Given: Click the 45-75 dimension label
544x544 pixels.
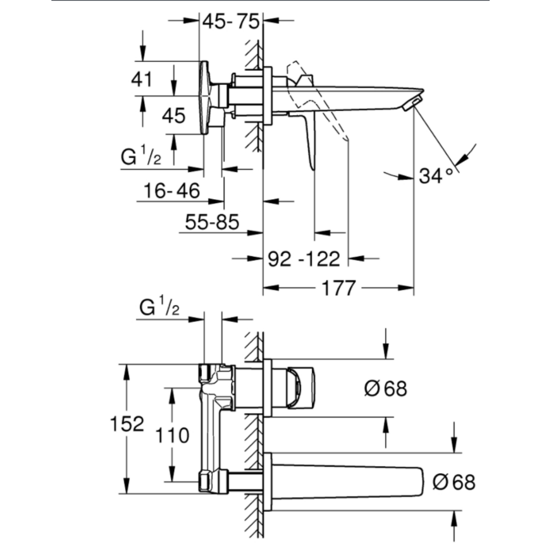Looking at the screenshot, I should point(231,23).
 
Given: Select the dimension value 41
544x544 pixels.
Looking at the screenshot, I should point(142,79).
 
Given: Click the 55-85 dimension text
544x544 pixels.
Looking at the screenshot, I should point(211,221).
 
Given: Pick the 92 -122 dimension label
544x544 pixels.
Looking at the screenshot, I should point(303,258).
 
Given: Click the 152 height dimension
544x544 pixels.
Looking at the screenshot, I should point(127,424).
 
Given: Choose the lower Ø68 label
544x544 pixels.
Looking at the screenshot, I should point(454,482).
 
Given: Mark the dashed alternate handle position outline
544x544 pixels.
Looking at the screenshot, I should point(316,104).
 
